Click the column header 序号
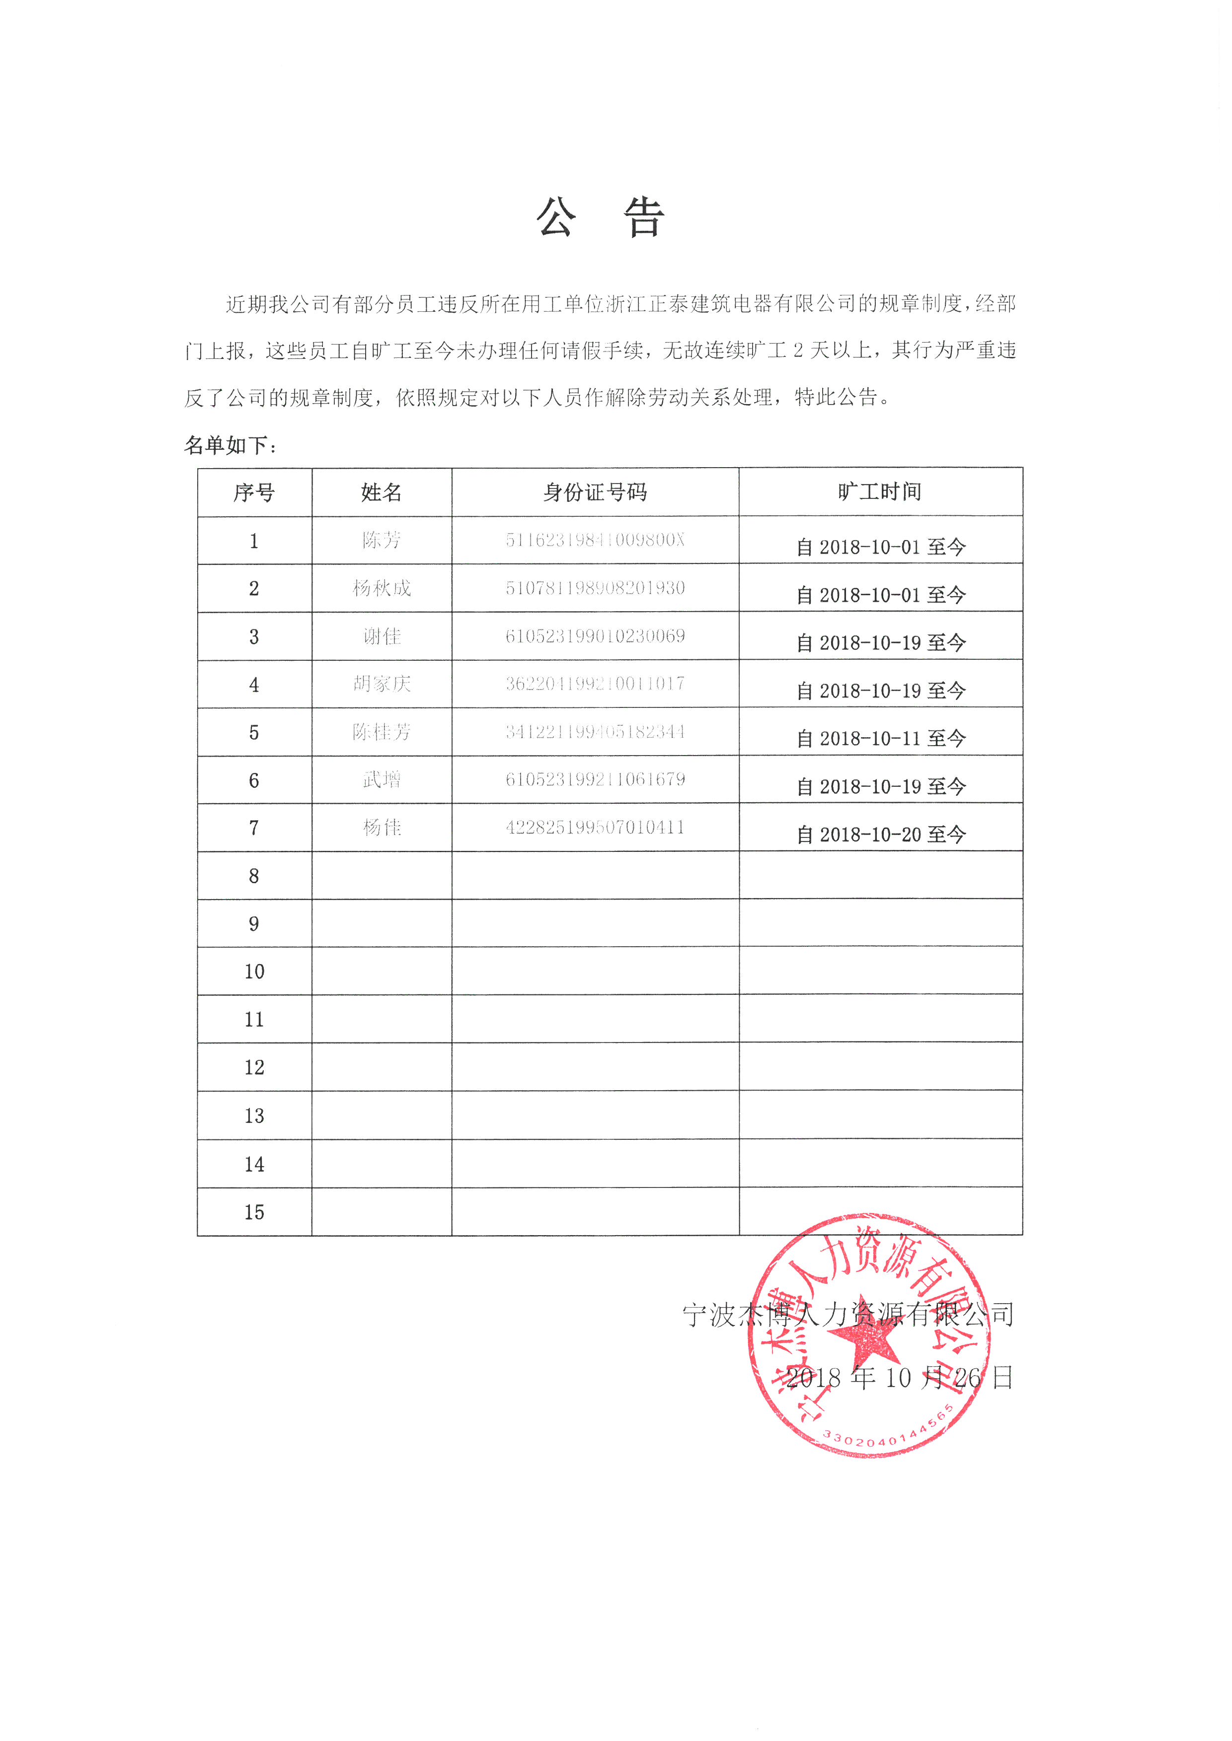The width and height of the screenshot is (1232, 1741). (254, 493)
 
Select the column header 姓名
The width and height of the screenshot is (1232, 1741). (381, 493)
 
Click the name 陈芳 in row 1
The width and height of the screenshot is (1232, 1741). (381, 540)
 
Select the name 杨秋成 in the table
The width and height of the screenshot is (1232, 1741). (381, 588)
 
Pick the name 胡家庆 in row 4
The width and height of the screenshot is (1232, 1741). (381, 684)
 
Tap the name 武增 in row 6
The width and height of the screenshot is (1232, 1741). (381, 779)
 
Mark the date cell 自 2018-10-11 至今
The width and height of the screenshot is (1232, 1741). (881, 739)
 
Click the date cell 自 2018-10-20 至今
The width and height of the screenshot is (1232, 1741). (881, 835)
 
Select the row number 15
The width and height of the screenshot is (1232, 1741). (254, 1212)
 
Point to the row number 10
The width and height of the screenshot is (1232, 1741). (254, 972)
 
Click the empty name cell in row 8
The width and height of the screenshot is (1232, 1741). (381, 876)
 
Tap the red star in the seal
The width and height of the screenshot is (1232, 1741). (867, 1341)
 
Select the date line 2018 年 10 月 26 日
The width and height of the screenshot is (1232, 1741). (899, 1378)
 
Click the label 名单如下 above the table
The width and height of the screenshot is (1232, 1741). (231, 446)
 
